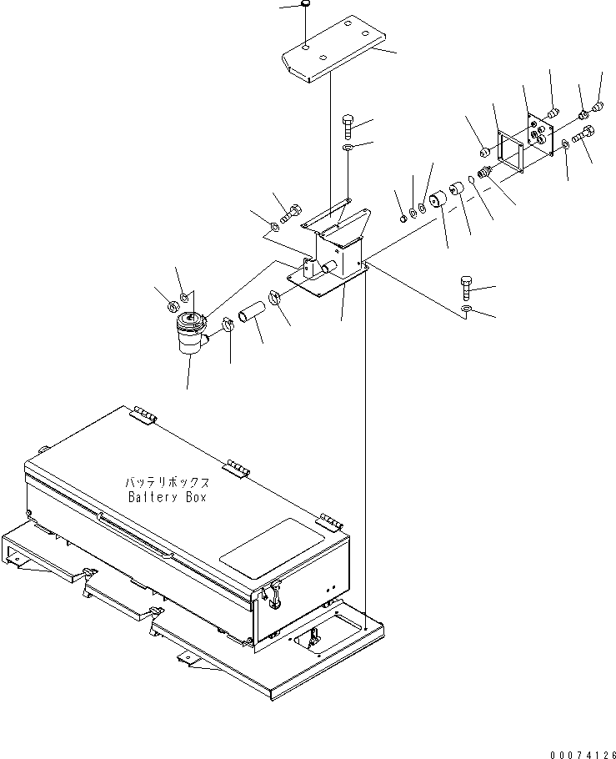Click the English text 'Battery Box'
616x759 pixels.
pos(167,498)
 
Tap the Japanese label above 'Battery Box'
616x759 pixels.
pos(167,483)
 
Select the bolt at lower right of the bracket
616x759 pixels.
pos(466,287)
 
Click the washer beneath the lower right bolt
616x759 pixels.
pos(467,312)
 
